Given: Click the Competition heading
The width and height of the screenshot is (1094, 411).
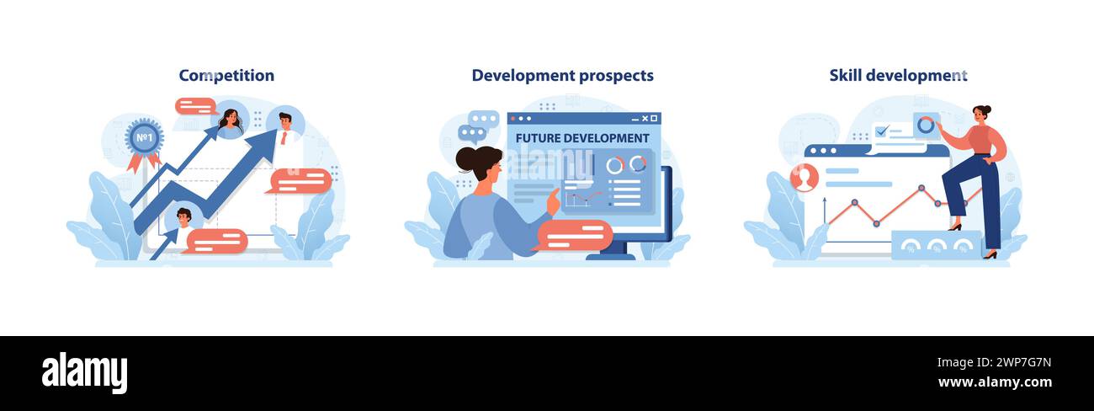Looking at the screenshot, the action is (226, 75).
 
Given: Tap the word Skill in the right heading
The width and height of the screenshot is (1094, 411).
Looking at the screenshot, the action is (846, 75).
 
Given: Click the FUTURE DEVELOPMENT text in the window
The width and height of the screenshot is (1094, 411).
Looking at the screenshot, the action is (582, 138).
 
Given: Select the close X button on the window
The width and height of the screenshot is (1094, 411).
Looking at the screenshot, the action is (645, 118).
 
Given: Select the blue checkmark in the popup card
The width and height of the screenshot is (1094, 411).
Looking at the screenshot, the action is (882, 131).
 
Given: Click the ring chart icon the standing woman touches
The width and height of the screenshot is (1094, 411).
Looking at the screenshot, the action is (926, 125).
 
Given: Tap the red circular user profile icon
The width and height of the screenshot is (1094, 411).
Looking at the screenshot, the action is (805, 178).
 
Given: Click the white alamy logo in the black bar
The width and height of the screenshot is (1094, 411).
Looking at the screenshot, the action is (84, 372).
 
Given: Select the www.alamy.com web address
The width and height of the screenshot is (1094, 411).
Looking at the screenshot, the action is (995, 382).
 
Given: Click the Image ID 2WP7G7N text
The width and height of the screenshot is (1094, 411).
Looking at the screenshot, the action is (994, 363).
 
